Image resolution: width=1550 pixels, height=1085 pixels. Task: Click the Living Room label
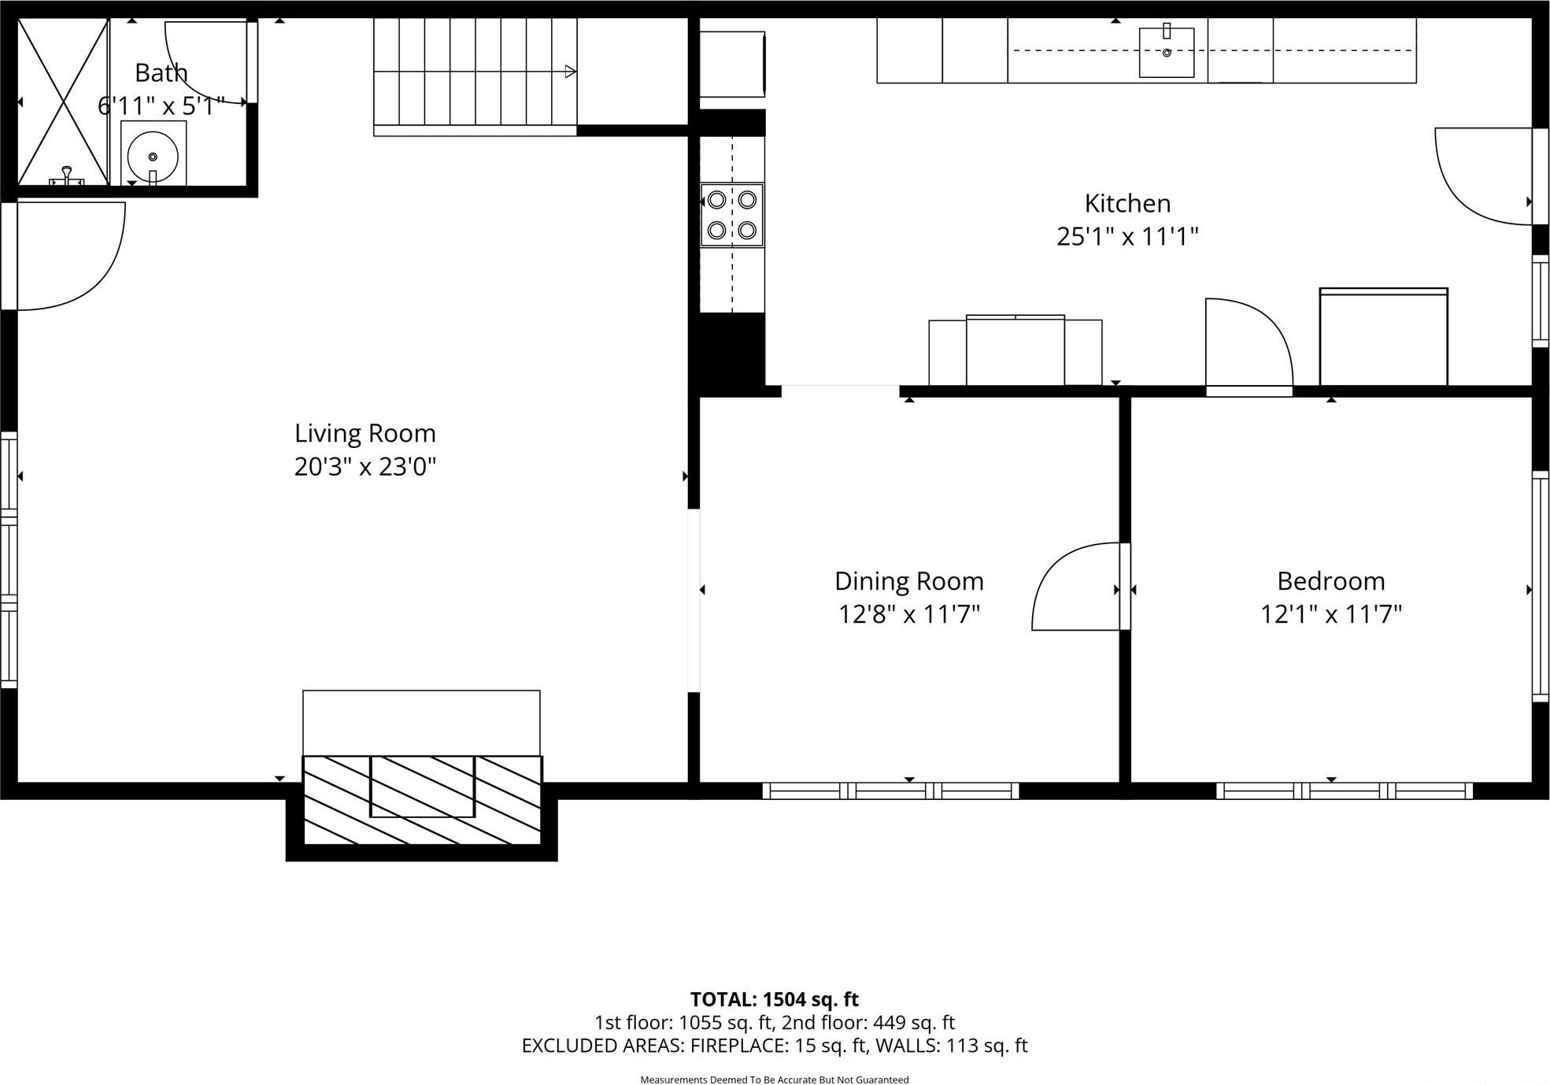(364, 433)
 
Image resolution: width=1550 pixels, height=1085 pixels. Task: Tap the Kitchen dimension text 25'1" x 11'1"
(1126, 236)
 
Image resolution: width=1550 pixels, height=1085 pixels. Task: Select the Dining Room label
(908, 581)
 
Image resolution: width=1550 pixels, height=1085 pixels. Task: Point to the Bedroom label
(1330, 581)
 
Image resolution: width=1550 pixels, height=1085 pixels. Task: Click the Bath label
(161, 72)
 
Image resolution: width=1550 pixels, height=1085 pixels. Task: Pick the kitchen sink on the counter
(1166, 52)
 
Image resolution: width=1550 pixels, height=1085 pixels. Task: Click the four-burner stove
(732, 215)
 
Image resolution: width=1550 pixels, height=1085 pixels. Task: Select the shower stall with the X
(62, 102)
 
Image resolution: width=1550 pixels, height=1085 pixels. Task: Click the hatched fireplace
(422, 799)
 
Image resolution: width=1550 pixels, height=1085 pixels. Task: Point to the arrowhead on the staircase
(570, 72)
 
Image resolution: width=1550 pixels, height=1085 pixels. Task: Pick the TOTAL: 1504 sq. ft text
(774, 999)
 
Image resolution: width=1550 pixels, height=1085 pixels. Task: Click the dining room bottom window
(890, 791)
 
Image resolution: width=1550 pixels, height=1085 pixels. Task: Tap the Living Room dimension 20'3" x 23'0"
(364, 467)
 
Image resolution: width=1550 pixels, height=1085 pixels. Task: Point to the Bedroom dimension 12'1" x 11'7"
(1330, 614)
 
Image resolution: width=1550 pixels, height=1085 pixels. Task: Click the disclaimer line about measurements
(774, 1079)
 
